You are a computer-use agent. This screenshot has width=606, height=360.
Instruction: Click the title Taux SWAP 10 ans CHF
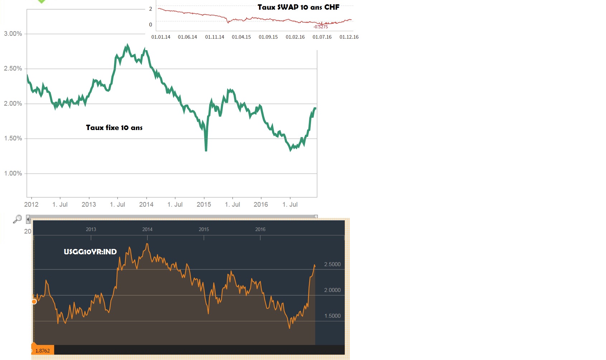click(298, 7)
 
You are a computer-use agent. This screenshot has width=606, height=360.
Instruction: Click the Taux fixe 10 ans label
click(114, 128)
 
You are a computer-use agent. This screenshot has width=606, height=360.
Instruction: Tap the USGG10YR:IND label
click(90, 251)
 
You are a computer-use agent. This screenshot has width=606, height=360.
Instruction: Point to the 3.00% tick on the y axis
click(13, 34)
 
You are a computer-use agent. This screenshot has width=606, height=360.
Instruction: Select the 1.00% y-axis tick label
click(13, 173)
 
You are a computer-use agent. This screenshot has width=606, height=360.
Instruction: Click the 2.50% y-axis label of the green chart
click(13, 68)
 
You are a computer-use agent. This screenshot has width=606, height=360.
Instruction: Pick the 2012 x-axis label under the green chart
click(31, 205)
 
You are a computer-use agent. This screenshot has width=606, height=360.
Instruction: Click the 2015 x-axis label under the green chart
click(204, 205)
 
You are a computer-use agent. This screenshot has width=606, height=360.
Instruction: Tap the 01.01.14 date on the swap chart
click(161, 37)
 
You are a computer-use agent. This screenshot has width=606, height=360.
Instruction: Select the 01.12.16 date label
click(349, 37)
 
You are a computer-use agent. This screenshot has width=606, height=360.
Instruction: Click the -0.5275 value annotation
click(320, 27)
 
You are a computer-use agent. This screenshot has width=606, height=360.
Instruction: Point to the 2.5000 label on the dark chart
click(332, 264)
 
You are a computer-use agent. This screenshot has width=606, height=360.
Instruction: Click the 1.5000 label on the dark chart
click(332, 316)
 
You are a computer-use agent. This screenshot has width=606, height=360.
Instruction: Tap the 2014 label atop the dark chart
click(147, 229)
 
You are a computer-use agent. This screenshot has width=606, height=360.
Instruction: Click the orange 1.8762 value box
click(43, 350)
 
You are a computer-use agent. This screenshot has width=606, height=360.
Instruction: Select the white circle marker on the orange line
click(34, 302)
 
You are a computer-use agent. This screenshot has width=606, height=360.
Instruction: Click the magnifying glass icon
click(17, 219)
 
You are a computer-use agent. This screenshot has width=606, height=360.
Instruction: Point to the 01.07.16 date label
click(322, 37)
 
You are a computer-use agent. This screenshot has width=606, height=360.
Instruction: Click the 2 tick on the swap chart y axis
click(151, 9)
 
